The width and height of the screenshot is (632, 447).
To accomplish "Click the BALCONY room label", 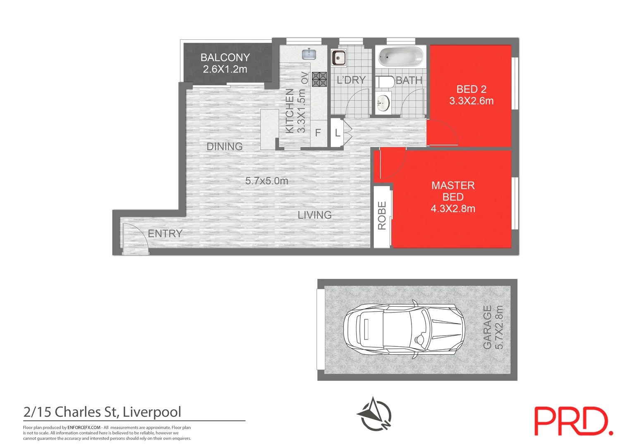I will (x=225, y=58).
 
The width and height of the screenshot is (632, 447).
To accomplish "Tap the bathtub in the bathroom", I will (x=401, y=57).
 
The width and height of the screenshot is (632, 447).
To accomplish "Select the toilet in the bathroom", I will (x=385, y=82).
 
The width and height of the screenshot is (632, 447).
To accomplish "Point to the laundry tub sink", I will (x=338, y=58).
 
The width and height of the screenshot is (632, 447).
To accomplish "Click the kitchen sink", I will (x=309, y=54).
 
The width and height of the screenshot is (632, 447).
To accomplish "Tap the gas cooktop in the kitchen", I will (x=319, y=79).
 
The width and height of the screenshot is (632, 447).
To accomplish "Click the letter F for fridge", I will (x=318, y=133).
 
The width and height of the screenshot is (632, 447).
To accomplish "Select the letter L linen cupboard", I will (x=338, y=133).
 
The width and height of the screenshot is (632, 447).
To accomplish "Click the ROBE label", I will (x=382, y=216).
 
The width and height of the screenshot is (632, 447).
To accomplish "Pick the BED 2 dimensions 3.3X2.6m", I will (x=471, y=101).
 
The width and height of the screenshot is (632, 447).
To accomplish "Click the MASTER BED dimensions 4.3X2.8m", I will (x=453, y=209).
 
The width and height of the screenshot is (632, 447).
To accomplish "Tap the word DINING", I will (x=225, y=147).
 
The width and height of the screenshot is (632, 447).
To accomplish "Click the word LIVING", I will (x=314, y=215).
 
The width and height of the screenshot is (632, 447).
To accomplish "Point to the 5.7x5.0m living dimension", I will (x=267, y=181).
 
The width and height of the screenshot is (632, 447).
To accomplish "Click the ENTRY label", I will (x=165, y=233).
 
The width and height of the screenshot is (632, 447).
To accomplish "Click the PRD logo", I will (x=573, y=421).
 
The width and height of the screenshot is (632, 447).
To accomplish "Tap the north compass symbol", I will (x=374, y=414).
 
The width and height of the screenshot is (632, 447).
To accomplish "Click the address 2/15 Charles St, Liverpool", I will (x=103, y=412).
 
